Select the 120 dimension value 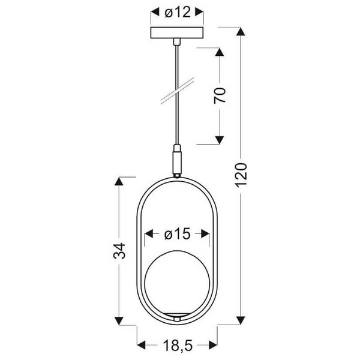pyautogui.click(x=242, y=175)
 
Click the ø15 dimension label pyautogui.click(x=178, y=234)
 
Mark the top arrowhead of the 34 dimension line pyautogui.click(x=120, y=179)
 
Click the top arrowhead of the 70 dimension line pyautogui.click(x=220, y=47)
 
